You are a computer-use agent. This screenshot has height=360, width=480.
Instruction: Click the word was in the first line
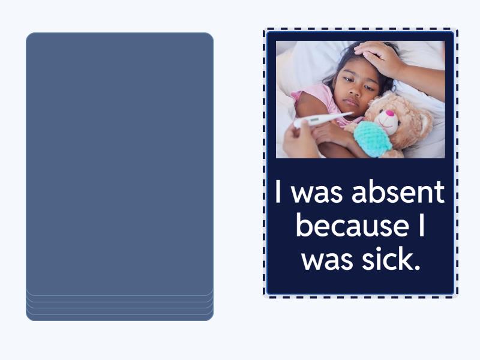point(319,193)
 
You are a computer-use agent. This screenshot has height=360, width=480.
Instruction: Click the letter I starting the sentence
point(279,193)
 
